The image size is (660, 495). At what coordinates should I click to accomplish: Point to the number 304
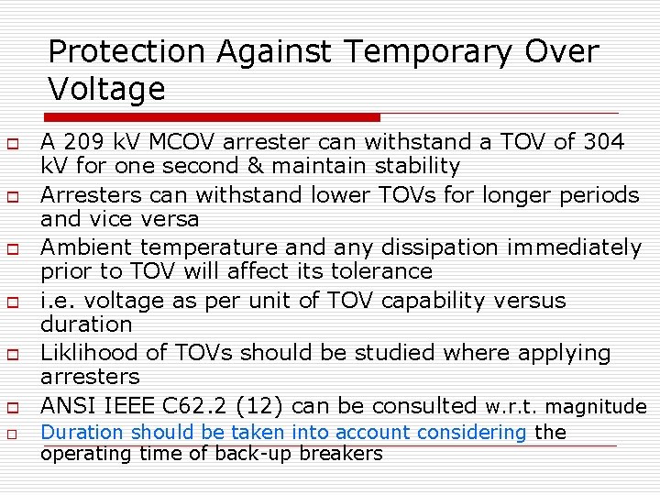[602, 142]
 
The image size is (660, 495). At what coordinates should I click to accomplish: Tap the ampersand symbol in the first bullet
[312, 166]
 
